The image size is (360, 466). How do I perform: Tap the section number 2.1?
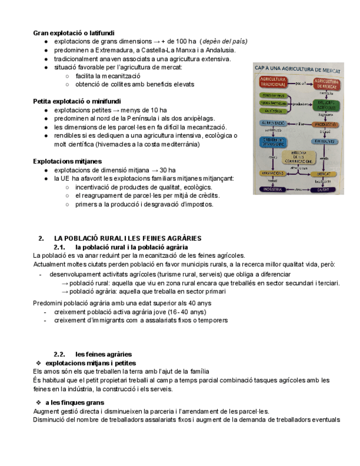click(x=60, y=247)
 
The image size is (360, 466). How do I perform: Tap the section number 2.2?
click(x=60, y=354)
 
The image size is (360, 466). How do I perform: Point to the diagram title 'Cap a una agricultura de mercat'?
click(x=297, y=70)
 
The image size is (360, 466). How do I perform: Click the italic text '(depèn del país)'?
click(x=224, y=42)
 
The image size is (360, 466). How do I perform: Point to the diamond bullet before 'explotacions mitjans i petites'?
click(x=38, y=363)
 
